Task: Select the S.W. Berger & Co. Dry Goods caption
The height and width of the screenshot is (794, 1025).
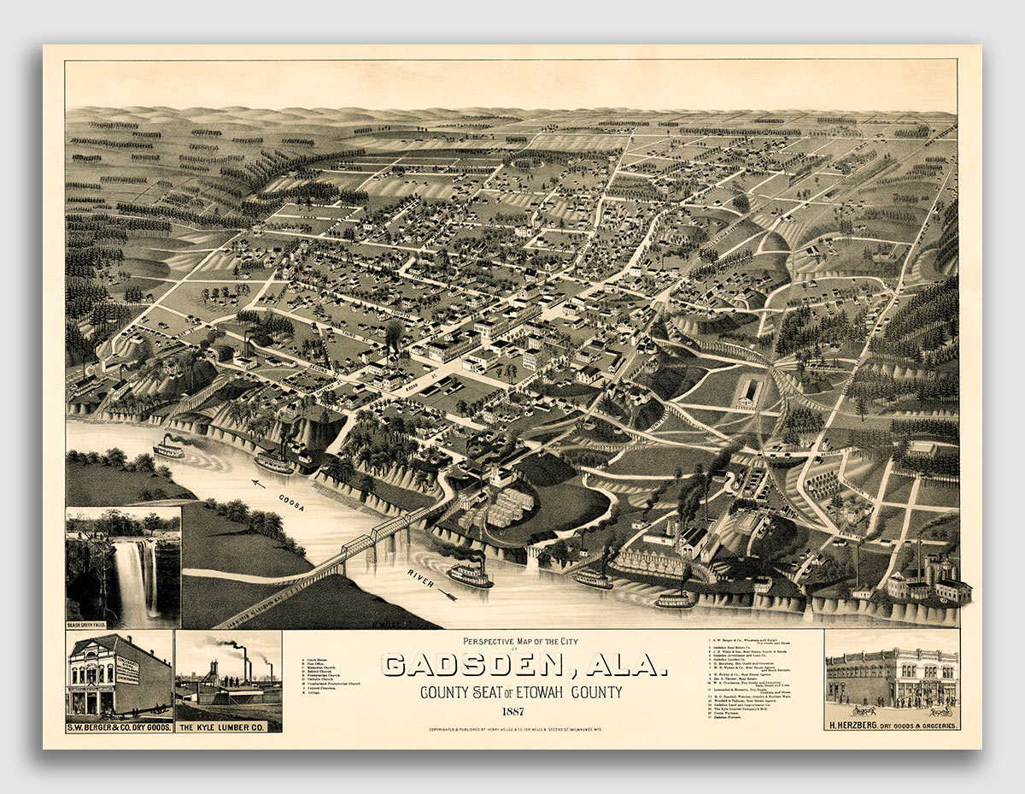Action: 119,726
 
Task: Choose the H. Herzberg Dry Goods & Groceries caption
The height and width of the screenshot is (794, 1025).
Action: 892,725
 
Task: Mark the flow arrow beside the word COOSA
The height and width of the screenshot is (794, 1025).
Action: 259,485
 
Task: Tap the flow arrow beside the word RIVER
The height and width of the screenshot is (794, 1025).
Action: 447,593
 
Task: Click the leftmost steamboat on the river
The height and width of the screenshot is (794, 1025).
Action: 168,448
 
